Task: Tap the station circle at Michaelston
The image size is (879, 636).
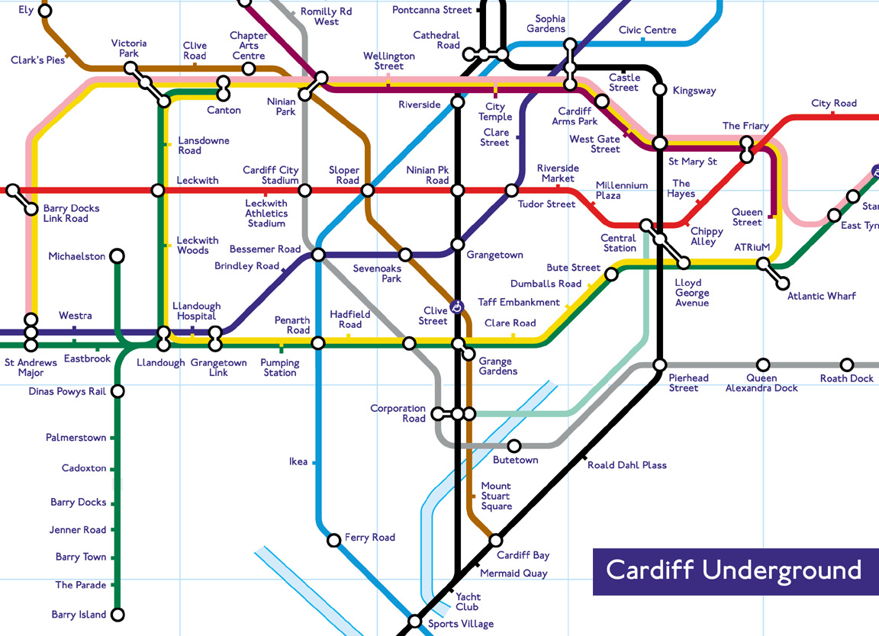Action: click(118, 255)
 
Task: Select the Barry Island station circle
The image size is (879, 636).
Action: click(118, 615)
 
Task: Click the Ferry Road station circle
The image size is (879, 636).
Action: click(333, 541)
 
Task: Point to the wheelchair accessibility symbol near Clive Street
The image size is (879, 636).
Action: click(457, 307)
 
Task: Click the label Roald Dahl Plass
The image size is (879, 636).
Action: click(626, 465)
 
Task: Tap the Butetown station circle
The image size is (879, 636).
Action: click(514, 446)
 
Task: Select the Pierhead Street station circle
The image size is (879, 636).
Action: click(660, 365)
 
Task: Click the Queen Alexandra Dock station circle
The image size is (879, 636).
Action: click(762, 365)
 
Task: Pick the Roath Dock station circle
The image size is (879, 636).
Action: click(847, 365)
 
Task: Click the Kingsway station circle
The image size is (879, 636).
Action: click(660, 90)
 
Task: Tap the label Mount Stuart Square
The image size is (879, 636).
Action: click(496, 496)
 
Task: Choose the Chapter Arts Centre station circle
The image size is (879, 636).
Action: click(248, 69)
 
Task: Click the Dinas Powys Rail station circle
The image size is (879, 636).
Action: click(118, 391)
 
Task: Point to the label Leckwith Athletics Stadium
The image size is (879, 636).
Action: click(266, 214)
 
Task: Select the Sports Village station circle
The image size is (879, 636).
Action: click(414, 622)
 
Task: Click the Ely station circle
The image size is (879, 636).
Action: click(45, 11)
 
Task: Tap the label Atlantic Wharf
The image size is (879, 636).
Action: click(821, 296)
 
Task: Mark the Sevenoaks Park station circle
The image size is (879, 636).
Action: click(406, 255)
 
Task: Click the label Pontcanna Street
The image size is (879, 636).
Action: click(432, 10)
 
